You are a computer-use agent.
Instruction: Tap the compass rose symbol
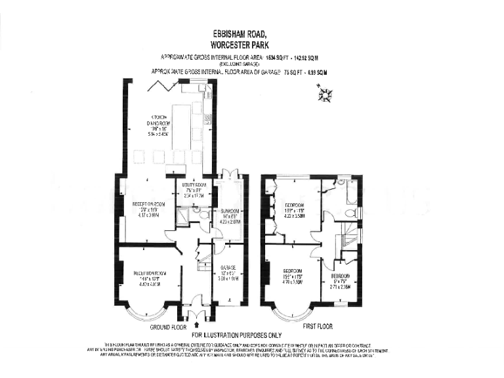pyautogui.click(x=324, y=96)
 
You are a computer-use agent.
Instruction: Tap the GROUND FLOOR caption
pyautogui.click(x=168, y=326)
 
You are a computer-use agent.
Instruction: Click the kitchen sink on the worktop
pyautogui.click(x=207, y=119)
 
